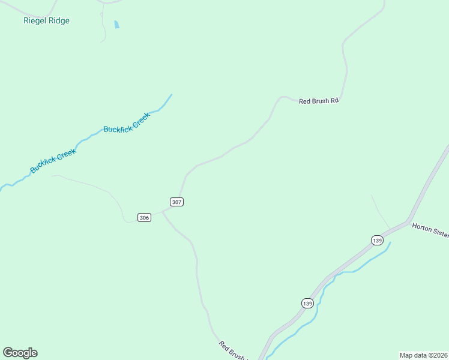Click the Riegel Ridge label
[x=46, y=21]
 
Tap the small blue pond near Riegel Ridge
[x=116, y=25]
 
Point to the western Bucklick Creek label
[x=53, y=161]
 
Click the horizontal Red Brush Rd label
[x=319, y=101]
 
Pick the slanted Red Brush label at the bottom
[x=233, y=350]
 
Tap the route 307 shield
[x=176, y=202]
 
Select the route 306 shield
[x=144, y=217]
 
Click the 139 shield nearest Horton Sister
[x=377, y=240]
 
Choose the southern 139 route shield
[x=307, y=303]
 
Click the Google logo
[x=20, y=353]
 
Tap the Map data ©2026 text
[x=423, y=355]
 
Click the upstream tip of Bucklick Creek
[x=172, y=94]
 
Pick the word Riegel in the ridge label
[x=34, y=21]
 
